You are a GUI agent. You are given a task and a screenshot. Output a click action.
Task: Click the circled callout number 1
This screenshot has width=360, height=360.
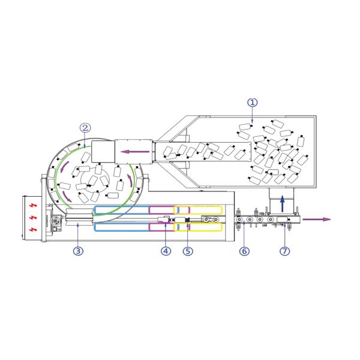tap(253, 103)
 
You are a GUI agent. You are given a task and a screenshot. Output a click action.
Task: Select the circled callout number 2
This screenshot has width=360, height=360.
tap(85, 128)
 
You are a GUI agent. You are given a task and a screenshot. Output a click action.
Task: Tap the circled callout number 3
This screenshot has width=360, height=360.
tap(78, 251)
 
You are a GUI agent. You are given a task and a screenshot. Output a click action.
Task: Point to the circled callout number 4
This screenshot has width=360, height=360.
tap(166, 251)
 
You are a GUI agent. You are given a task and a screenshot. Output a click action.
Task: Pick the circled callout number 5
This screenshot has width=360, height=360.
tap(188, 251)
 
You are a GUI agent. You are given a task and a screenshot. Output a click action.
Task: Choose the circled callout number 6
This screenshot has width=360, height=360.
tap(244, 251)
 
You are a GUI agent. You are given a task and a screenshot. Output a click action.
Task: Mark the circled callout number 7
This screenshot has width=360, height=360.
tap(284, 251)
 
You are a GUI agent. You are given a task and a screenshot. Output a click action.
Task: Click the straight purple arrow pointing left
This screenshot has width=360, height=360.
tap(135, 152)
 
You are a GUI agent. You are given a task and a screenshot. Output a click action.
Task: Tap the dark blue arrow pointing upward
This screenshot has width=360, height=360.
tap(283, 203)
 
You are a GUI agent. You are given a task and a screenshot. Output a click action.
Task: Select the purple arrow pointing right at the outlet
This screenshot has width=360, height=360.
tap(317, 219)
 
